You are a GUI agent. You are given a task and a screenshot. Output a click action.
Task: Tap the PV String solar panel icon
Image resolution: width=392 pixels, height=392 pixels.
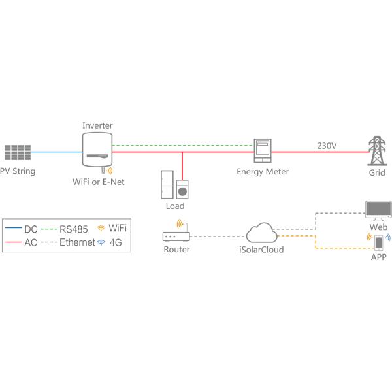18,152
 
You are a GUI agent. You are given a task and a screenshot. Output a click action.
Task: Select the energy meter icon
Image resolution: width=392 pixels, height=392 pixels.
263,151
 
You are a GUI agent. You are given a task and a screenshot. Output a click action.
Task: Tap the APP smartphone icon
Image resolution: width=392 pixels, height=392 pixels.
378,242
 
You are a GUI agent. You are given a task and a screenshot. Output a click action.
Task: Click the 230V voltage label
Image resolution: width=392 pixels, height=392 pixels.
327,144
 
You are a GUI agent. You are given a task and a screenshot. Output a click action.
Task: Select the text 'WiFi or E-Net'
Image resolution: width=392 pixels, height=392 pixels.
98,182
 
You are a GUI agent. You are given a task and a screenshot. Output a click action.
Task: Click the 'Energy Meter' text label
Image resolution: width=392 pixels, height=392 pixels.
263,172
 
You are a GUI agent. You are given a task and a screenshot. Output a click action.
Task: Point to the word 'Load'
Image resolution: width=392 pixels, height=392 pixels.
175,206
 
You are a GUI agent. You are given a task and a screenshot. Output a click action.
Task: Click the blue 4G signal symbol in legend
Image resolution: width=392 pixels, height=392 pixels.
101,242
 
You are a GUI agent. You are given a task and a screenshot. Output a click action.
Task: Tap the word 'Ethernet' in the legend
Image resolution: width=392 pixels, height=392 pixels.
77,243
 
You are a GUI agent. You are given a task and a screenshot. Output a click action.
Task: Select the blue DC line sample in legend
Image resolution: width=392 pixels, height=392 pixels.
12,229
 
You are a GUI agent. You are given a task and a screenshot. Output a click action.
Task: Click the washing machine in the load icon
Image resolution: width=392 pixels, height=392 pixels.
184,189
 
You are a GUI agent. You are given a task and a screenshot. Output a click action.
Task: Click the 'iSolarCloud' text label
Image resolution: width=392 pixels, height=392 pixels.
262,250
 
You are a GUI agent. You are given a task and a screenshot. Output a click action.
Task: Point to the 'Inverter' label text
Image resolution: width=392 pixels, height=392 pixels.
97,125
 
